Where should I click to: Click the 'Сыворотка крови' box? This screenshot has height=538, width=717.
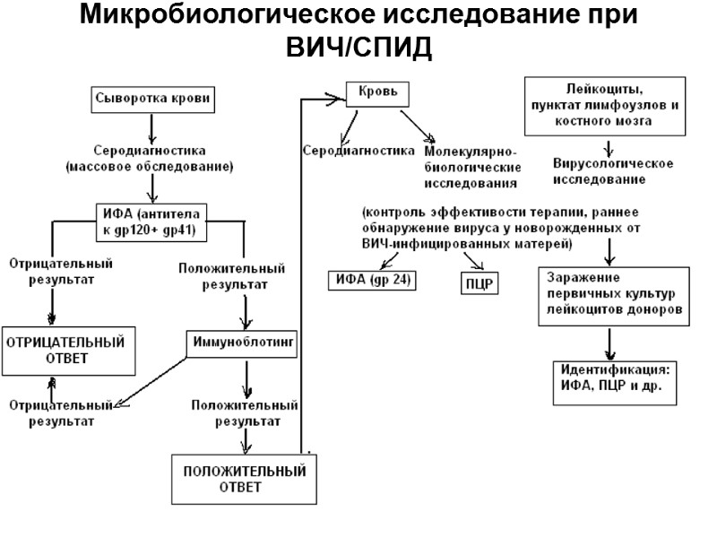(153, 99)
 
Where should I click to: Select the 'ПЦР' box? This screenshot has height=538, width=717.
(480, 285)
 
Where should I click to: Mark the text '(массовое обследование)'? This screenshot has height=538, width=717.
(150, 167)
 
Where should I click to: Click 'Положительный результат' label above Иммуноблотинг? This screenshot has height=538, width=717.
(231, 276)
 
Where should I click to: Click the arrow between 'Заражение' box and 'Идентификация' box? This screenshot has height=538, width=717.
(609, 343)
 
